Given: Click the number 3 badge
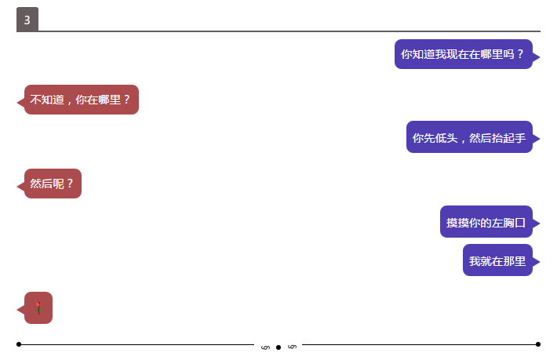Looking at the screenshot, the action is click(x=27, y=20).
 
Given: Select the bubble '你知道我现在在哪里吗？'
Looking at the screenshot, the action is click(x=463, y=54).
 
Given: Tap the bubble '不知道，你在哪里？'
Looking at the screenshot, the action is click(x=82, y=100).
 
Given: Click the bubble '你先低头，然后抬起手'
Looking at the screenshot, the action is click(x=469, y=137).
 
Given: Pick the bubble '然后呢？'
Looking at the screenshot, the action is click(x=53, y=184).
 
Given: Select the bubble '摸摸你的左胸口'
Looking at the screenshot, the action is click(x=486, y=222).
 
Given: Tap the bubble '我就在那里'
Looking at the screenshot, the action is click(x=497, y=260).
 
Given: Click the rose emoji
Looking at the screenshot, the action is click(x=38, y=308).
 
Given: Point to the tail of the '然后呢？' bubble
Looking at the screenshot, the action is click(x=20, y=186).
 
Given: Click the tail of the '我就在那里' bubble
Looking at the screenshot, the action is click(x=537, y=261).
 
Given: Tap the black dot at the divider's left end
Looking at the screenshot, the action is click(x=19, y=344).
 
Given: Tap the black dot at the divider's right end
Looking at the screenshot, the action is click(x=538, y=344).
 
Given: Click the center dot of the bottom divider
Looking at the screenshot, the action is click(x=278, y=347).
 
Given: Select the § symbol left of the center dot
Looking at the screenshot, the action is click(x=265, y=347).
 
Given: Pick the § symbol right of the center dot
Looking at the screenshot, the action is click(x=292, y=347).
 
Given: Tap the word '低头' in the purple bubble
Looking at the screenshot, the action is click(x=446, y=137).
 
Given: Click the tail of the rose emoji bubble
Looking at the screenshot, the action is click(x=20, y=310).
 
